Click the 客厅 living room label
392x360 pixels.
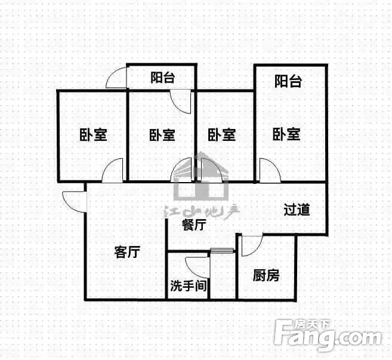click(x=127, y=252)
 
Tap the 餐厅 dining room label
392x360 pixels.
click(x=194, y=224)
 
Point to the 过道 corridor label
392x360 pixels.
click(x=297, y=210)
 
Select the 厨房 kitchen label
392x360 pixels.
click(x=266, y=276)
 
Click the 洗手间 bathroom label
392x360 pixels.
click(x=189, y=285)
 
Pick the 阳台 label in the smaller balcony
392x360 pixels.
click(x=162, y=77)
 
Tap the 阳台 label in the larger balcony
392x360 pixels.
click(x=288, y=81)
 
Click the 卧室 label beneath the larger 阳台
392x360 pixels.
click(x=286, y=134)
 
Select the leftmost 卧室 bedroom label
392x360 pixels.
click(x=93, y=135)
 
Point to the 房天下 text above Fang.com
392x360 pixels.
click(x=313, y=324)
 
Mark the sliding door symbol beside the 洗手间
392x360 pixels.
click(x=222, y=250)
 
